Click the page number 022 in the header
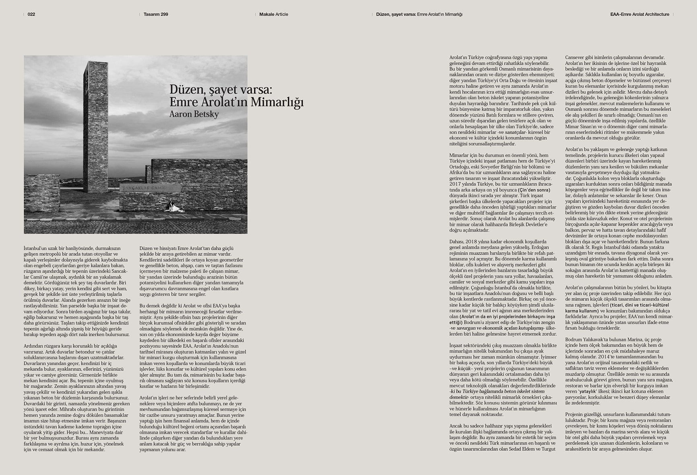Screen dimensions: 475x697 pyautogui.click(x=31, y=14)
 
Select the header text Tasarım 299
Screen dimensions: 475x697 pyautogui.click(x=156, y=14)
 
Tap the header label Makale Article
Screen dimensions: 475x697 pyautogui.click(x=274, y=14)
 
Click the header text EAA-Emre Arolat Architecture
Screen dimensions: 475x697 pyautogui.click(x=639, y=14)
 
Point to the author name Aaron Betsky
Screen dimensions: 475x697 pyautogui.click(x=194, y=114)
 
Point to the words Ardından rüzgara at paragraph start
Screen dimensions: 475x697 pyautogui.click(x=43, y=346)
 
